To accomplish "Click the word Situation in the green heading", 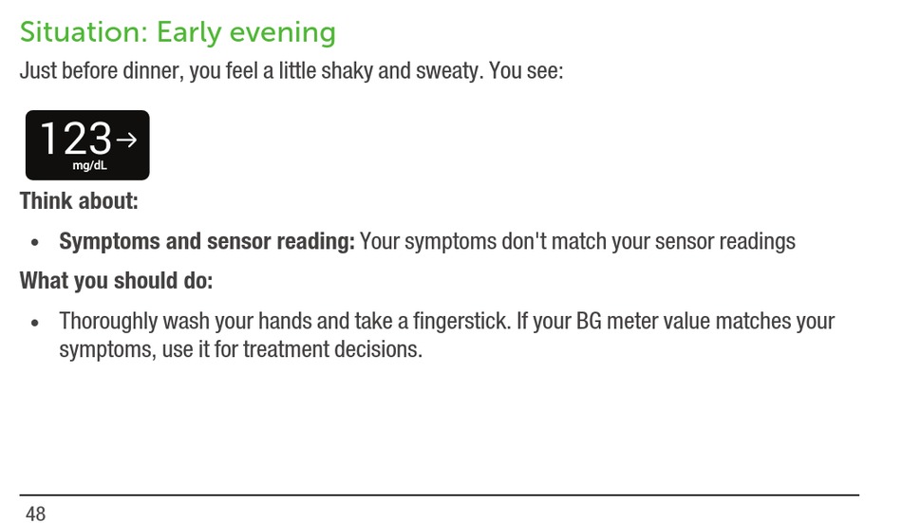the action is coord(84,32).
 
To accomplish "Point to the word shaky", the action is coord(347,72).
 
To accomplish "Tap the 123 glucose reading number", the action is coord(75,138).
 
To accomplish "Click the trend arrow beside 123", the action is coord(126,140).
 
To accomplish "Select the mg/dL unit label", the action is coord(90,166).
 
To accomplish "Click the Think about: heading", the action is coord(79,201).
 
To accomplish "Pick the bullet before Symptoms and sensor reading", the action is coord(35,243).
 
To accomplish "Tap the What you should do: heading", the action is coord(116,281).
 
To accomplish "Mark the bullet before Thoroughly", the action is coord(35,323).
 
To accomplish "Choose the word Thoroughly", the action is coord(108,322).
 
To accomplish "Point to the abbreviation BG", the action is coord(589,321).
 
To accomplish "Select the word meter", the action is coord(632,321).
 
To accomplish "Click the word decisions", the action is coord(379,349).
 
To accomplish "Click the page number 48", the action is coord(36,514).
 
